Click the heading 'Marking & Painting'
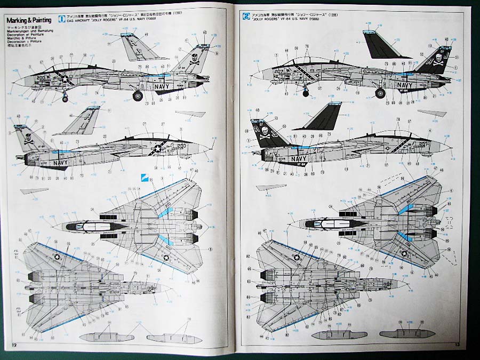[29, 20]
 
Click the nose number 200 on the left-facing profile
[41, 77]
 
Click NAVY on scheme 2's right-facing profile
[299, 158]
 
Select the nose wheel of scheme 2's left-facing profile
[306, 93]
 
